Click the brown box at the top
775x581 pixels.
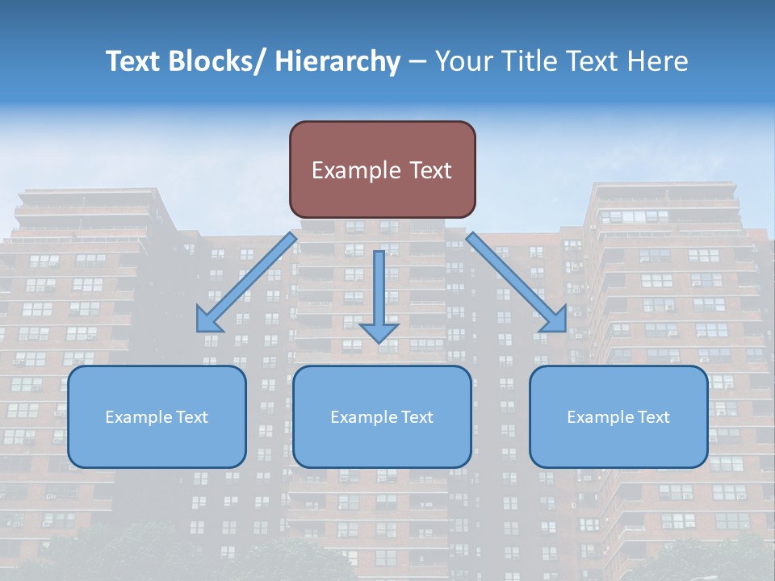pyautogui.click(x=382, y=169)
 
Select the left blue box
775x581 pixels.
pyautogui.click(x=157, y=416)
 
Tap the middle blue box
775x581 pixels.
pyautogui.click(x=382, y=416)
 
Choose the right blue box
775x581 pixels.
pyautogui.click(x=618, y=416)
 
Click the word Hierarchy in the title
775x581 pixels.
pyautogui.click(x=337, y=61)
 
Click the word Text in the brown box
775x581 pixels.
pyautogui.click(x=430, y=170)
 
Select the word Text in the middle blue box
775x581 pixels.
pyautogui.click(x=416, y=417)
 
